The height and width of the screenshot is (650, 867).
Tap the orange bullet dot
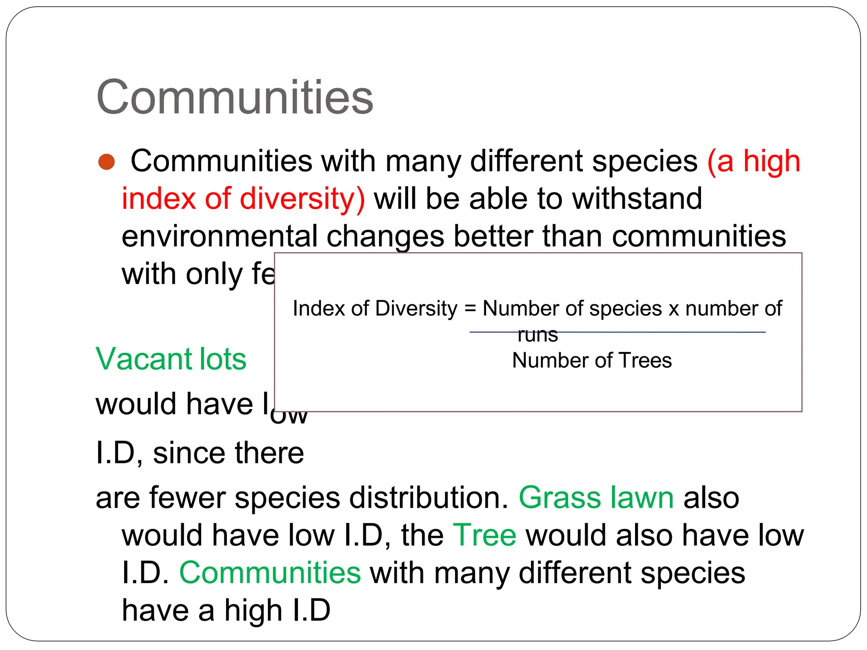click(x=106, y=162)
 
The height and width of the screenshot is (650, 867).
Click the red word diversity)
click(x=302, y=198)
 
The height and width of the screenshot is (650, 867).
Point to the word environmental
click(x=219, y=236)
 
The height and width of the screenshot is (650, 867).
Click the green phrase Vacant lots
click(x=171, y=359)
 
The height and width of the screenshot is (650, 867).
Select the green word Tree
click(x=484, y=535)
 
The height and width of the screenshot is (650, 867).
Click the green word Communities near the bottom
click(x=270, y=573)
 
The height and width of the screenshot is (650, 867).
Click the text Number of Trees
click(x=592, y=361)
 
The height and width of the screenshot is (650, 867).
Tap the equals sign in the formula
click(x=470, y=308)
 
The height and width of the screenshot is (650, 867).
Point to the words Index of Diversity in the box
click(x=375, y=308)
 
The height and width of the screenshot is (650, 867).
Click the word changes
click(x=385, y=236)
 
